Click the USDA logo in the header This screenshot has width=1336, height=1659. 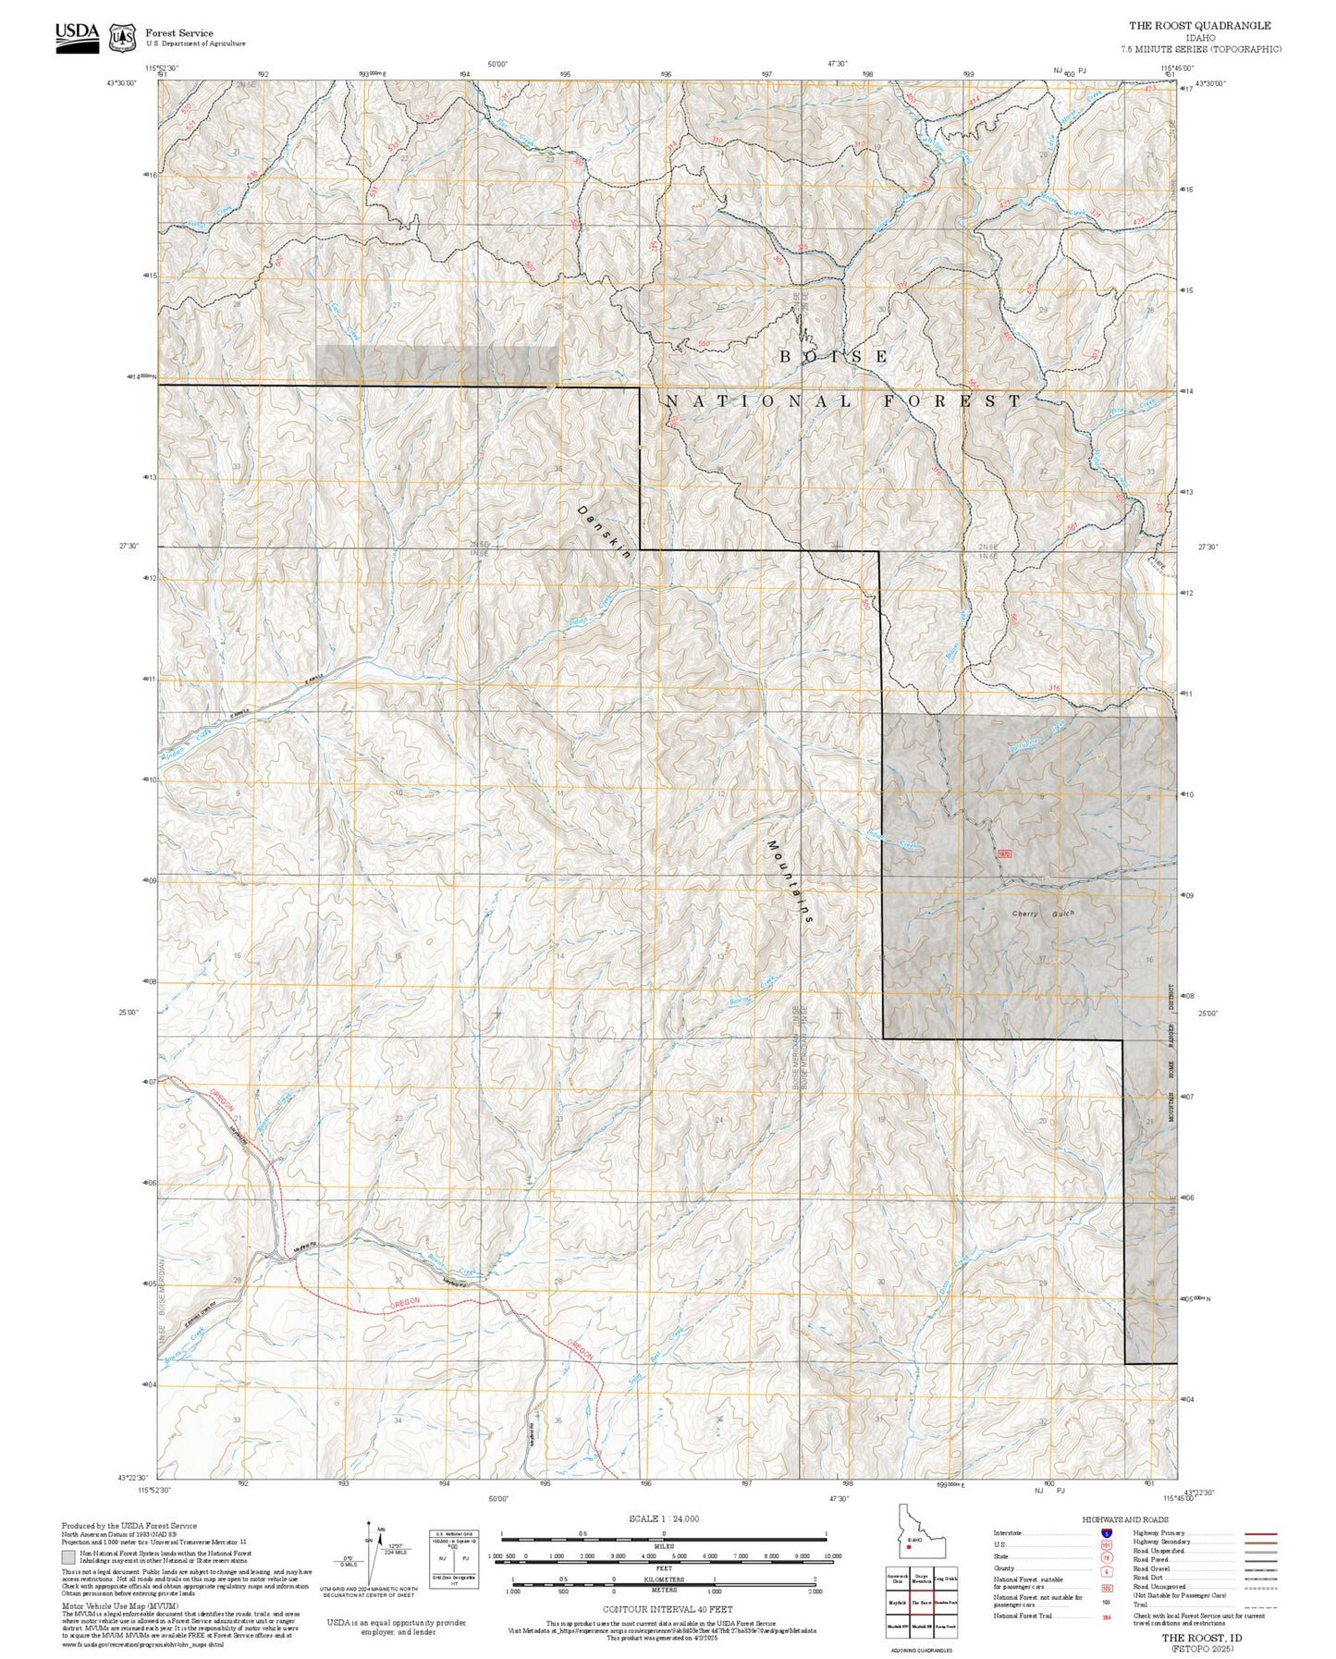click(x=77, y=36)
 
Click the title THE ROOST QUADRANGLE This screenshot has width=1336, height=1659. click(x=1199, y=26)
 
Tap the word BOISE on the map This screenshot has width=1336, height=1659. click(x=833, y=356)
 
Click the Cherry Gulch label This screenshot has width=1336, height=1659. click(x=1043, y=914)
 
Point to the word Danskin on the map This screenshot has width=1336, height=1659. click(x=604, y=532)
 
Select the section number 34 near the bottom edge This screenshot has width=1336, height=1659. click(x=398, y=1419)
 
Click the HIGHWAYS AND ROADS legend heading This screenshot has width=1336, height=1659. click(x=1125, y=1519)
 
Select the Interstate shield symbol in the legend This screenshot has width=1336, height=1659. click(x=1106, y=1533)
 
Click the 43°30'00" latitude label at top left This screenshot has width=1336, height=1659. click(x=121, y=83)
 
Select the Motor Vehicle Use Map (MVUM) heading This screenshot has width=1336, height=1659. click(x=119, y=1606)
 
